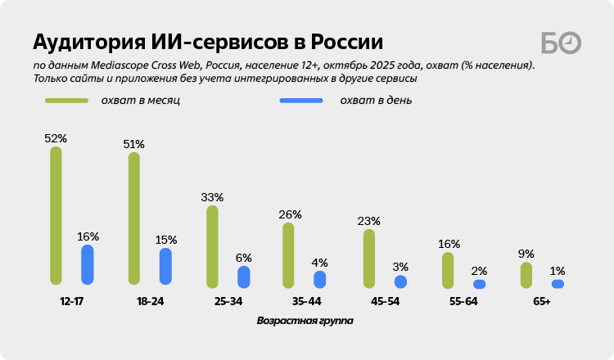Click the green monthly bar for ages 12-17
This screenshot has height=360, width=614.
click(x=56, y=215)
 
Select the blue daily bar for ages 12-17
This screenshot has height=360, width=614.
click(x=87, y=264)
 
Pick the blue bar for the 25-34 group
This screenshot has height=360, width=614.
click(x=244, y=277)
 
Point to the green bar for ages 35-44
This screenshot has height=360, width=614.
click(x=288, y=254)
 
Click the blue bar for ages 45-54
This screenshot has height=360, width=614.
click(x=400, y=281)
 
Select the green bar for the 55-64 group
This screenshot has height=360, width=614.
click(x=448, y=270)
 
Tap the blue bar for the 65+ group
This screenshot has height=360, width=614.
click(x=558, y=284)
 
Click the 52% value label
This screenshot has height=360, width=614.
click(x=56, y=138)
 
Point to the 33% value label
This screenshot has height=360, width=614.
click(x=212, y=197)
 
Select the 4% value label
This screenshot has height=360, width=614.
click(x=319, y=263)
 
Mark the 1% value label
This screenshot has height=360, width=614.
click(x=558, y=271)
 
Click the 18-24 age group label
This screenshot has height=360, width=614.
click(x=151, y=301)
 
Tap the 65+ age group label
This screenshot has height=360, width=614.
click(x=541, y=301)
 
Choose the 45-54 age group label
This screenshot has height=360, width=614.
click(x=385, y=301)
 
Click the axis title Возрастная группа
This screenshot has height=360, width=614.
click(x=305, y=321)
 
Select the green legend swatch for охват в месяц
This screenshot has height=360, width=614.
click(x=66, y=101)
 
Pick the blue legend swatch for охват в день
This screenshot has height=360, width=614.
click(x=300, y=101)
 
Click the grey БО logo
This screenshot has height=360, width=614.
click(x=561, y=43)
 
